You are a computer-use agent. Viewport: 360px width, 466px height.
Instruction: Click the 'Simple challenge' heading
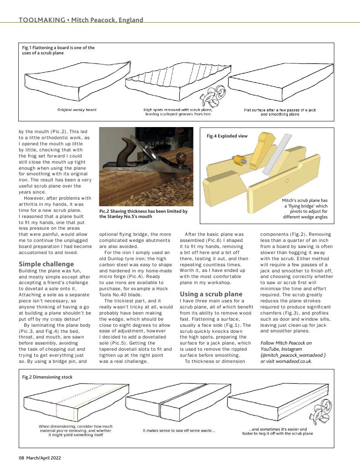[47, 264]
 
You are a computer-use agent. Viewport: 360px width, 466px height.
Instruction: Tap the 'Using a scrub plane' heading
[211, 294]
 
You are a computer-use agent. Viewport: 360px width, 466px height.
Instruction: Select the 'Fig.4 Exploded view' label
[227, 136]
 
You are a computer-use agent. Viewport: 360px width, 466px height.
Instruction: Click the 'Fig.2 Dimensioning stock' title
[47, 377]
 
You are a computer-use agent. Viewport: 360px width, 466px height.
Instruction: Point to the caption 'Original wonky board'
[77, 110]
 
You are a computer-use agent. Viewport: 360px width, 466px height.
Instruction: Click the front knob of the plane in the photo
[181, 157]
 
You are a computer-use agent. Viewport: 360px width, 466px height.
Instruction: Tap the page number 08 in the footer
[21, 457]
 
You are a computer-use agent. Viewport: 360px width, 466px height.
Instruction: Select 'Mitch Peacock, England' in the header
[107, 20]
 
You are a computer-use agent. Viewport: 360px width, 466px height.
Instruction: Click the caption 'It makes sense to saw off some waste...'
[179, 431]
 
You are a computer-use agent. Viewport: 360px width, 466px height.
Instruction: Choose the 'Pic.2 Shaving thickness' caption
[143, 214]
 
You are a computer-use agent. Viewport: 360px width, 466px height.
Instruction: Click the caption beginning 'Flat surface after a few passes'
[280, 112]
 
